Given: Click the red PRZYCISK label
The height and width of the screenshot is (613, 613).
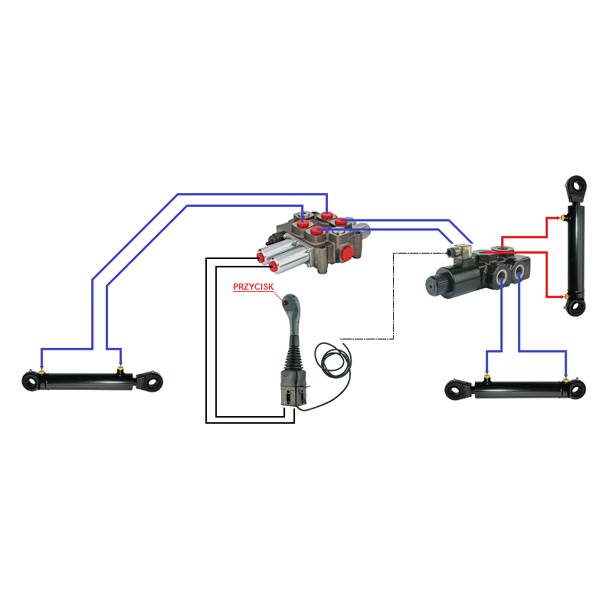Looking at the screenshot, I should [253, 287].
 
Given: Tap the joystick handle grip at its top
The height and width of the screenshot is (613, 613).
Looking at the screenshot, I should [290, 303].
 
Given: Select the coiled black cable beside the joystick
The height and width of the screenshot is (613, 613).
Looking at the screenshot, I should [336, 360].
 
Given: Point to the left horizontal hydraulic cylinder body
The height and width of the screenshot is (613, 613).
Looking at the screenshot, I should [84, 381].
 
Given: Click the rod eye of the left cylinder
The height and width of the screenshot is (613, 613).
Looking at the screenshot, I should [153, 381].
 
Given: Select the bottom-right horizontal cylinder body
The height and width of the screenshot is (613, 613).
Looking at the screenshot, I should [521, 389].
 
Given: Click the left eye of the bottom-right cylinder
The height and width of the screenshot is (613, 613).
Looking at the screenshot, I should [457, 390].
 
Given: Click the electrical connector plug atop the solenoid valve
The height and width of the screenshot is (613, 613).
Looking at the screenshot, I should [461, 252].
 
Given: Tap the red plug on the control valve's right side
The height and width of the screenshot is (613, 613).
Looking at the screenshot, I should [347, 252].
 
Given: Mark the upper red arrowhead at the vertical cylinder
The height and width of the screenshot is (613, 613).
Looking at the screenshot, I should [562, 218].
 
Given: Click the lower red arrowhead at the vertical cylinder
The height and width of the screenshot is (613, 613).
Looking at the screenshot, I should [562, 296].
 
